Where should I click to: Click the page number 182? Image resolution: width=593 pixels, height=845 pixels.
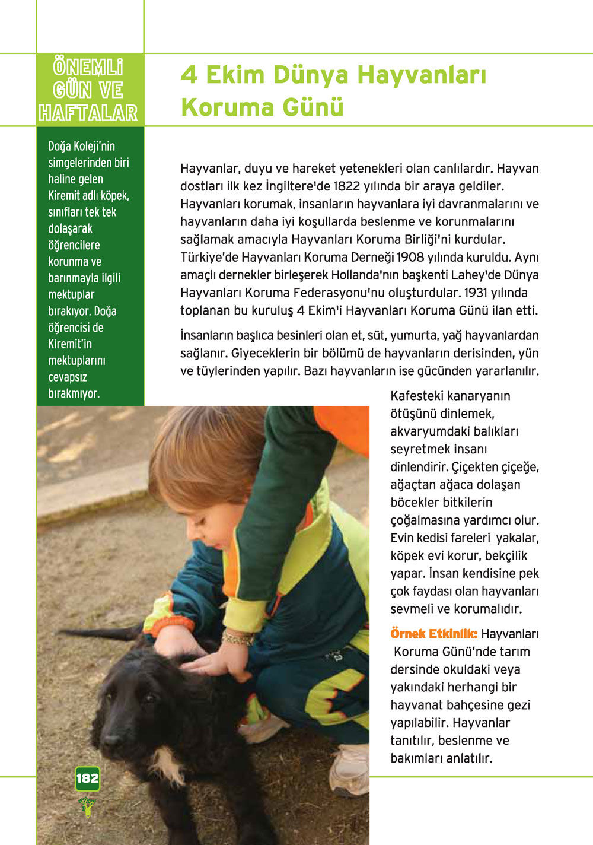87,779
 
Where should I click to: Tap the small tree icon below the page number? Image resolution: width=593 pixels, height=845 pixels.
87,807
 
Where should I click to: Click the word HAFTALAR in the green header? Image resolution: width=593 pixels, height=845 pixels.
88,113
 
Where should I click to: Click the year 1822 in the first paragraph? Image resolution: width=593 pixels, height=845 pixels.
347,186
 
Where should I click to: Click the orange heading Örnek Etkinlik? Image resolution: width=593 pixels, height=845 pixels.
433,634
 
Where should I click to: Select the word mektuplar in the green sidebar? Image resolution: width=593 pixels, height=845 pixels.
71,295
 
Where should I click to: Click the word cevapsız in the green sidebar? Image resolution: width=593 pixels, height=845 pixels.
68,377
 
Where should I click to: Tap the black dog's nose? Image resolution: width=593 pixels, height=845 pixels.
110,740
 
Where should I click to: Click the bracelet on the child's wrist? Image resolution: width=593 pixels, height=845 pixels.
237,638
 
